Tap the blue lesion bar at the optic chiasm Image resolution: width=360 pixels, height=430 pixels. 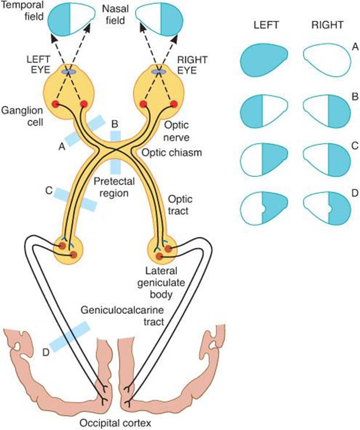pyautogui.click(x=115, y=152)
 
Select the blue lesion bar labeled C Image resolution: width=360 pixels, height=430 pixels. pyautogui.click(x=76, y=198)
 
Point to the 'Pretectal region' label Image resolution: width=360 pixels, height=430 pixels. pyautogui.click(x=112, y=187)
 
